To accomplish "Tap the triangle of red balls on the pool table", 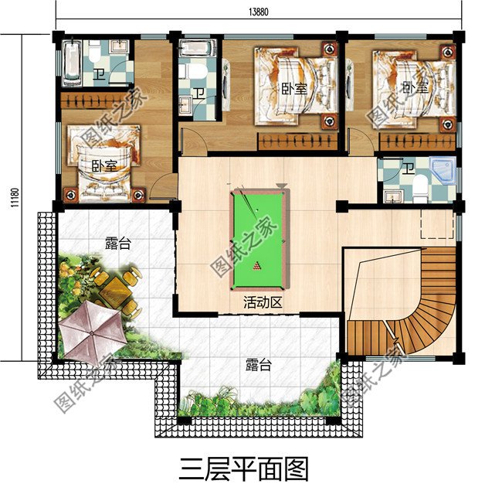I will coord(258,268).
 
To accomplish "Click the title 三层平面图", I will coord(244,469).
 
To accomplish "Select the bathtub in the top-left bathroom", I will coord(70,64).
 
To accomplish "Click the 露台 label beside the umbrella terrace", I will coord(117,244).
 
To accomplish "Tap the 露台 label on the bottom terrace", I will coord(258,365).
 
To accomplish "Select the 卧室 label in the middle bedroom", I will coord(294,89).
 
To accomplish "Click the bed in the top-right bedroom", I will coord(408,85).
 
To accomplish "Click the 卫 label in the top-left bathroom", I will coord(99,75).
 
